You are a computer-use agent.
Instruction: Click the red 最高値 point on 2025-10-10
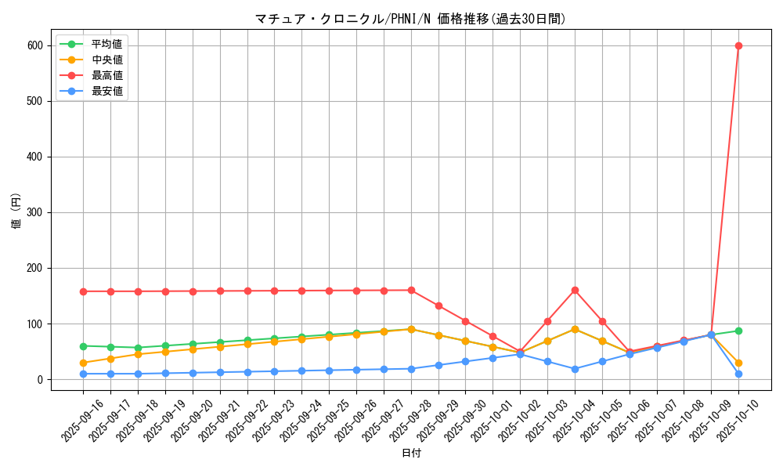[x=738, y=45]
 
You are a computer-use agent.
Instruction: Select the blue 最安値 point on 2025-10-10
[x=738, y=374]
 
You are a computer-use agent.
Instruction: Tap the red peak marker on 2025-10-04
[x=575, y=290]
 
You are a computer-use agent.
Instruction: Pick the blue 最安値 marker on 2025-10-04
[x=575, y=369]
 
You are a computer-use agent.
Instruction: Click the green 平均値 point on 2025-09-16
[x=83, y=346]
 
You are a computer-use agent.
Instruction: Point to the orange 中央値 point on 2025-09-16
[x=83, y=363]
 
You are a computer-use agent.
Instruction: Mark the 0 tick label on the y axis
[x=39, y=379]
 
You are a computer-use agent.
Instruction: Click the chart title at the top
[x=410, y=19]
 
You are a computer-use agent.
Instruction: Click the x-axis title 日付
[x=411, y=453]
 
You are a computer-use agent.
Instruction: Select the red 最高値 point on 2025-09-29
[x=438, y=305]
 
